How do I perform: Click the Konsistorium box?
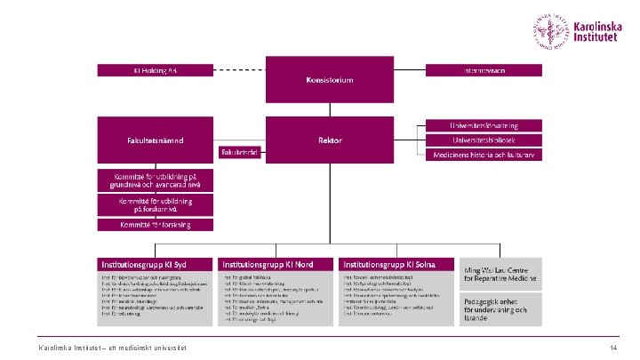point(329,79)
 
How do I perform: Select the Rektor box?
point(329,140)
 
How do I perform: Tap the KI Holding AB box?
point(156,68)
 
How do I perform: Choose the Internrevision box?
point(484,68)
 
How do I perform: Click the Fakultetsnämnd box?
point(156,140)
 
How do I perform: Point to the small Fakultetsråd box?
point(239,153)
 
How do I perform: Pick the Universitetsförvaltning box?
point(484,125)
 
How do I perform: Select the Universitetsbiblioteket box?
point(484,140)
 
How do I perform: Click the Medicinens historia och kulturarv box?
point(484,154)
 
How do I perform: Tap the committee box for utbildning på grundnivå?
point(156,180)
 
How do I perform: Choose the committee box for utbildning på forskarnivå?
point(156,205)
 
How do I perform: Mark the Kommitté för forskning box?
point(156,225)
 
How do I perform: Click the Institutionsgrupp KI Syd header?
point(156,265)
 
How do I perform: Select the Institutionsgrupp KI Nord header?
point(276,265)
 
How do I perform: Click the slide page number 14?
point(613,347)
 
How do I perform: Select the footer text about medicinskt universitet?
point(112,347)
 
